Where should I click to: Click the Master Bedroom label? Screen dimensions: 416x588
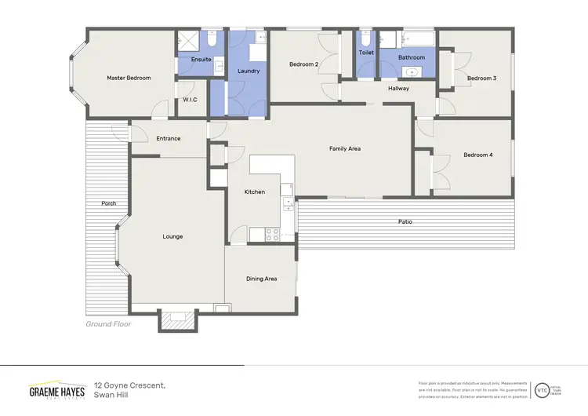[129, 78]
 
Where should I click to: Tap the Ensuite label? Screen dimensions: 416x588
[201, 60]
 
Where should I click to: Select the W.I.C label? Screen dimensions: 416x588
[191, 100]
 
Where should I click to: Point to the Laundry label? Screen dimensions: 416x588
[248, 71]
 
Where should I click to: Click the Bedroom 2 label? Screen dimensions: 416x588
[303, 64]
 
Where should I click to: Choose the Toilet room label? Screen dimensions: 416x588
[366, 53]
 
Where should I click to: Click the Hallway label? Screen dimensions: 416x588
[398, 89]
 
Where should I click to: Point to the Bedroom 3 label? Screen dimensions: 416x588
[481, 78]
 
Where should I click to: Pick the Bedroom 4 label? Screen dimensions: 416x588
[477, 155]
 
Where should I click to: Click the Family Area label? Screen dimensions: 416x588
[344, 148]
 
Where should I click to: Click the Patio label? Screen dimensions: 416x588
[405, 222]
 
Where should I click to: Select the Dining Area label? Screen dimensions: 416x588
[261, 279]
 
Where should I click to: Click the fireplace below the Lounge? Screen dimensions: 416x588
[176, 319]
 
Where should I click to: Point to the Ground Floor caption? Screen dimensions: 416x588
[108, 323]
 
